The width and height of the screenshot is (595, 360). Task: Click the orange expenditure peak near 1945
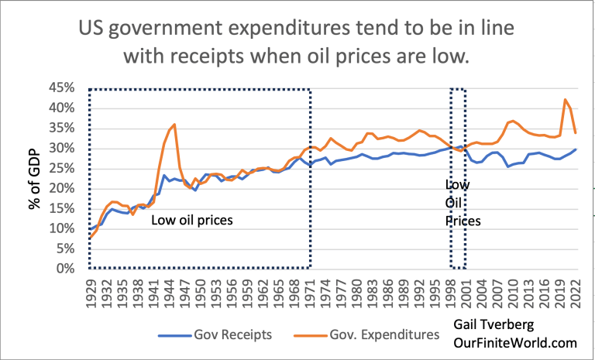(174, 124)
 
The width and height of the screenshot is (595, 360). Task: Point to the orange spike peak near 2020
(565, 99)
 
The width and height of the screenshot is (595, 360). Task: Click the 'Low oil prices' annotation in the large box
(191, 221)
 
